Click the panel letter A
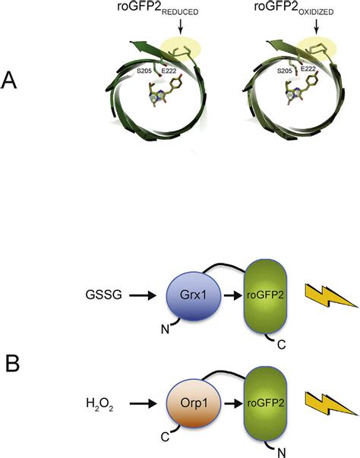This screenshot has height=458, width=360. [x=9, y=81]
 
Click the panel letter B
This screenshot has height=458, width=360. [x=13, y=364]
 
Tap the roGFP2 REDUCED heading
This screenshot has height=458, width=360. [x=158, y=8]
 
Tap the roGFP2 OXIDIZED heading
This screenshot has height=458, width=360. [x=293, y=8]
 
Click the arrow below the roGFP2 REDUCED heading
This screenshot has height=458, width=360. [x=181, y=27]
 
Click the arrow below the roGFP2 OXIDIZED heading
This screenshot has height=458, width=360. [x=317, y=27]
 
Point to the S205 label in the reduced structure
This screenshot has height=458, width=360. [x=144, y=71]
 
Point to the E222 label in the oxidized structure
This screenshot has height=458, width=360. [x=308, y=69]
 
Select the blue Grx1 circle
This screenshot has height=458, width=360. [x=194, y=297]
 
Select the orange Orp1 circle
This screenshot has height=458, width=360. [x=194, y=404]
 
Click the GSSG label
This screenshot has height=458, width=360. [x=103, y=295]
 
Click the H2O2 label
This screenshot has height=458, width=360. [x=99, y=405]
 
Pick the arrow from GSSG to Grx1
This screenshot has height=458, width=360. [x=143, y=295]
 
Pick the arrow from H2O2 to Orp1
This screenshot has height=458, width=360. [x=143, y=403]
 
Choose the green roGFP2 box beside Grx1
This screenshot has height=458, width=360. [x=265, y=296]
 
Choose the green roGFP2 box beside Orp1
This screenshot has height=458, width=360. [x=265, y=403]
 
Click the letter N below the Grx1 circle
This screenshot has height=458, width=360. [x=166, y=330]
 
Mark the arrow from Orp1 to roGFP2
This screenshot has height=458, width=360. [x=233, y=403]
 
